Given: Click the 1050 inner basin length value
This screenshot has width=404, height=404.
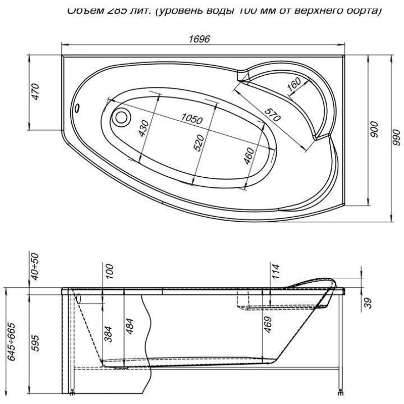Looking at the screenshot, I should (x=191, y=119).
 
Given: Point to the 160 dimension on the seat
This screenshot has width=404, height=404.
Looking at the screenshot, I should (x=293, y=85).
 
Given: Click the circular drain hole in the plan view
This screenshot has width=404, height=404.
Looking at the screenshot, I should (x=121, y=118).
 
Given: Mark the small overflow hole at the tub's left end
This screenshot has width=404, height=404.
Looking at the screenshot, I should (x=78, y=108).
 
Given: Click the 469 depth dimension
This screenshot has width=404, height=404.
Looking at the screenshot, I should (x=268, y=328).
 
